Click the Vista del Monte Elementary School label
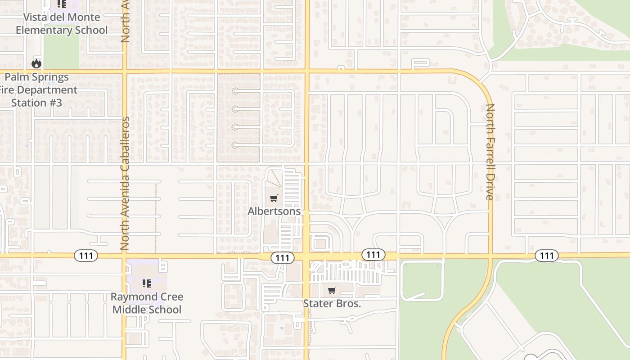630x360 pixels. [62, 23]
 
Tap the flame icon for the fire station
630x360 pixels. [36, 64]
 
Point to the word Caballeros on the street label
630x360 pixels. [125, 144]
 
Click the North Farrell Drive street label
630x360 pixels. [490, 152]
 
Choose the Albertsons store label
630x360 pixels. [274, 211]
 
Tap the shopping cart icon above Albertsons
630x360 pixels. [274, 198]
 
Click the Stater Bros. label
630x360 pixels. [332, 303]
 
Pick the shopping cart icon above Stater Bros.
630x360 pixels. [332, 290]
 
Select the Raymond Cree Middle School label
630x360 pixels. [147, 303]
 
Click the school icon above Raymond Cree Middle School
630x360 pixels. [147, 283]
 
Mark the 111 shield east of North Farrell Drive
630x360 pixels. [547, 256]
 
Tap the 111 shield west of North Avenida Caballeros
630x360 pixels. [85, 256]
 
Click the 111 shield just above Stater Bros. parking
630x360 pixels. [373, 255]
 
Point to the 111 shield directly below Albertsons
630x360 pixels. [282, 257]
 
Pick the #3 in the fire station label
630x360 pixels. [55, 103]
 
